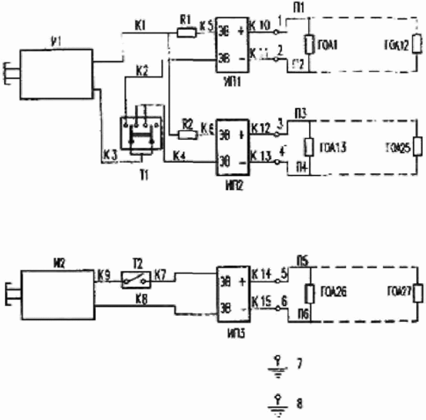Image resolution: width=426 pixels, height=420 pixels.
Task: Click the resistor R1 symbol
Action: pyautogui.click(x=187, y=33)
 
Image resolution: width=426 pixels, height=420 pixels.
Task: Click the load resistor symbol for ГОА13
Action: pyautogui.click(x=310, y=147)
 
